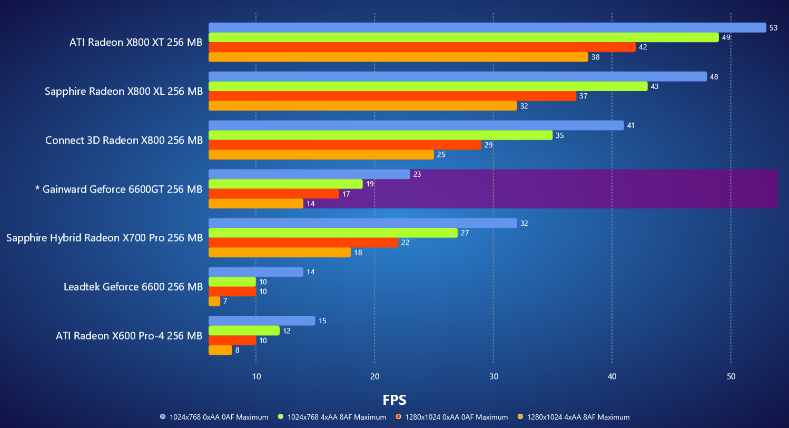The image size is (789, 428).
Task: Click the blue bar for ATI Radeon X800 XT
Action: pos(487,27)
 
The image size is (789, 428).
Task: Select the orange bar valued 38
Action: pos(398,57)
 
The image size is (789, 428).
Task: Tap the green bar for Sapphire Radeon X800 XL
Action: pos(428,86)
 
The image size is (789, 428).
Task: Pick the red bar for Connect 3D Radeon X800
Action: pos(345,145)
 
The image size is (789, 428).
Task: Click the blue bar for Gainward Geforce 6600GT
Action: pos(309,174)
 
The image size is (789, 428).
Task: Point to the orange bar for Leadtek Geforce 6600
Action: pos(214,301)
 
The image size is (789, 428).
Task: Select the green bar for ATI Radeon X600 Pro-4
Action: pos(244,331)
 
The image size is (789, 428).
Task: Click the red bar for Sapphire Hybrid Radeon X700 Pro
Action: pos(303,243)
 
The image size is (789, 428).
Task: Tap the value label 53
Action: pos(773,28)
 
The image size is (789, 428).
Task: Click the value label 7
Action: pos(225,301)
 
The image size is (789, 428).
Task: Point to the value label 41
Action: pos(630,125)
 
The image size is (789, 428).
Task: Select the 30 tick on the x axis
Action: pos(494,376)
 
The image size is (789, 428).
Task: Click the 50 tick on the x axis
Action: pos(731,376)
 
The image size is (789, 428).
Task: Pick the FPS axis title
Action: pos(394,400)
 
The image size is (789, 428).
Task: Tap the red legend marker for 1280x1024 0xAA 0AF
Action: pos(399,417)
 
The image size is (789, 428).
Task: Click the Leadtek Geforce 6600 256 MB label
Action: pos(133,287)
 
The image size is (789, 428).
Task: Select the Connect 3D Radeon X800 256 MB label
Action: pos(124,141)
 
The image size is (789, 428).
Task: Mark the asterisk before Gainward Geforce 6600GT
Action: pos(37,188)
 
